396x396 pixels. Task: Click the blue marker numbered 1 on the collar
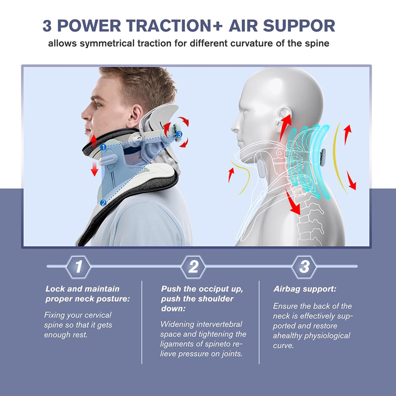point(103,147)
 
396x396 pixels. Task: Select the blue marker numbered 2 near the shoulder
point(103,203)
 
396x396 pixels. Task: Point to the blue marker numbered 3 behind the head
point(179,134)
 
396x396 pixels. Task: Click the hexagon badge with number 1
point(78,266)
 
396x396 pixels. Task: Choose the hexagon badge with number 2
point(194,266)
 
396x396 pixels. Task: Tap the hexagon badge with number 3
point(304,266)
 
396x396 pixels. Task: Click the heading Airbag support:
point(305,289)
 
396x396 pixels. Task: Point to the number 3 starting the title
point(47,26)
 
